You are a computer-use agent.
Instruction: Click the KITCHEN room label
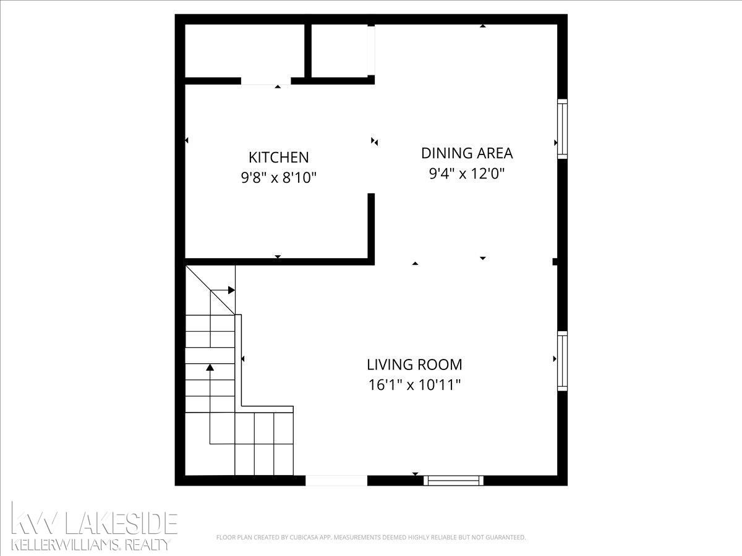tap(278, 158)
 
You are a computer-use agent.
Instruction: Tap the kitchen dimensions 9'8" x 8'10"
tap(278, 177)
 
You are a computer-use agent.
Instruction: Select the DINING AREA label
tap(467, 153)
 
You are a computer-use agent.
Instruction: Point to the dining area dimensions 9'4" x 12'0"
tap(467, 174)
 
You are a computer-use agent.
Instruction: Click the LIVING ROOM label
tap(414, 364)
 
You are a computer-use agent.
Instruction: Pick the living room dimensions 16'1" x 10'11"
tap(414, 385)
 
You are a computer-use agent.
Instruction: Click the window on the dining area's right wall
tap(562, 128)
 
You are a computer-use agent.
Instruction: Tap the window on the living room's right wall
tap(562, 361)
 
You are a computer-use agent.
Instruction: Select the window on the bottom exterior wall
tap(454, 481)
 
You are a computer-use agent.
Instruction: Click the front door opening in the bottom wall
tap(336, 481)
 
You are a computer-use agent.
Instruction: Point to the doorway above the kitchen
tap(266, 81)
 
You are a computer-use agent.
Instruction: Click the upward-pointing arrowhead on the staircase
tap(210, 367)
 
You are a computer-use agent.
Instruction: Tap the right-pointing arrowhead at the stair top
tap(231, 290)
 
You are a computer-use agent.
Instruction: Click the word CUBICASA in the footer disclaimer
tap(303, 537)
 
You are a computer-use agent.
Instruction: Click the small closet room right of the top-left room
tap(339, 51)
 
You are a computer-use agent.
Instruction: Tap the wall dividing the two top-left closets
tap(307, 51)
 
